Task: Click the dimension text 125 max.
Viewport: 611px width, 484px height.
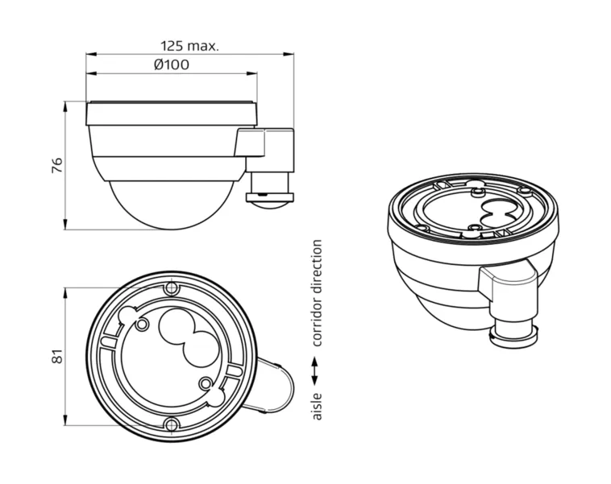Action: pos(189,46)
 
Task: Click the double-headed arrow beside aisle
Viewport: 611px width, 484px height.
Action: pos(317,371)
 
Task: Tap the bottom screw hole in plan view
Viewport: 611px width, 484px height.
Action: pos(170,425)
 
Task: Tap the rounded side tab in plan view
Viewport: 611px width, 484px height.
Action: pos(274,386)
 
